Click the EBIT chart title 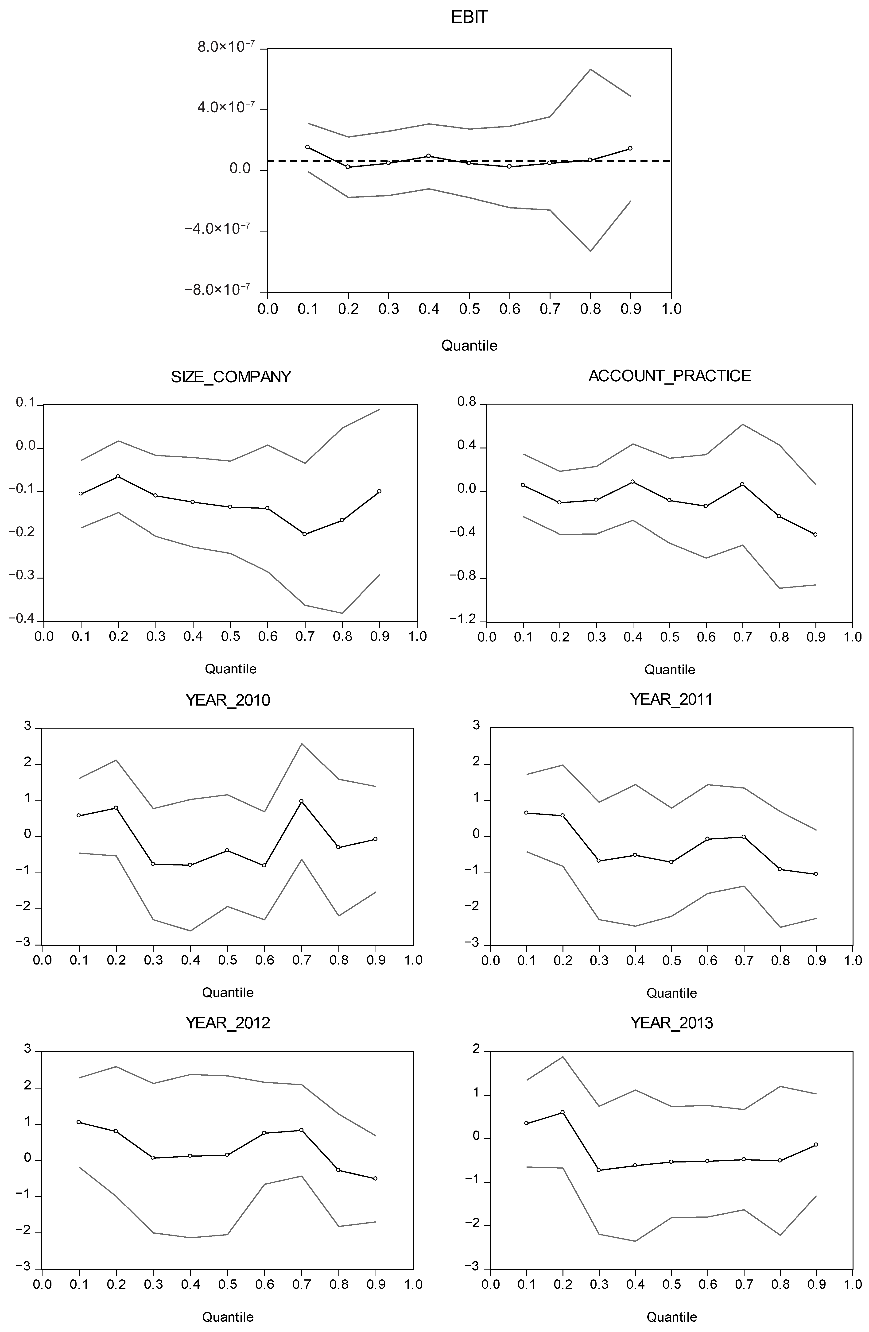469,17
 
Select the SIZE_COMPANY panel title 231,377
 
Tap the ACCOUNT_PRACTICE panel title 670,376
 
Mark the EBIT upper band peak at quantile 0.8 590,69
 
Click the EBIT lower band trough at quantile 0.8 590,251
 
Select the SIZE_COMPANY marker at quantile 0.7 305,534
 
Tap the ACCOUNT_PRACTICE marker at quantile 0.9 815,534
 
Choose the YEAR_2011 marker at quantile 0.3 599,860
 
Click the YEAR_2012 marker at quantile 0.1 79,1122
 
